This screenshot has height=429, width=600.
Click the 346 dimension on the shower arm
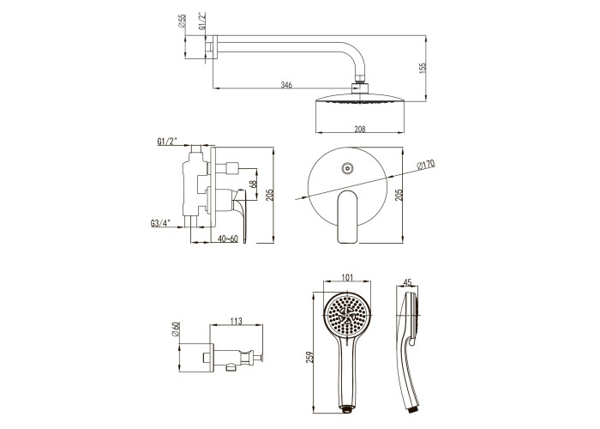[286, 85]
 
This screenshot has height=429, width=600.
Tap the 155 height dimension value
[423, 68]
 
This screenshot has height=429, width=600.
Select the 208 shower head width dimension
[360, 129]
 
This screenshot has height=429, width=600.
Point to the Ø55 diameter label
[182, 21]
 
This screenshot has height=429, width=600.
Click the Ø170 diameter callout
[426, 165]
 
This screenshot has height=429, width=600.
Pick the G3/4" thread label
[160, 223]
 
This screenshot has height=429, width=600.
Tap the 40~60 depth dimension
[228, 239]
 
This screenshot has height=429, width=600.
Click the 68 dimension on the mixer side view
[253, 184]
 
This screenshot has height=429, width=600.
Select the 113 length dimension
[236, 321]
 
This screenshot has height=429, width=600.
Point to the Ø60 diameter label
[176, 329]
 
